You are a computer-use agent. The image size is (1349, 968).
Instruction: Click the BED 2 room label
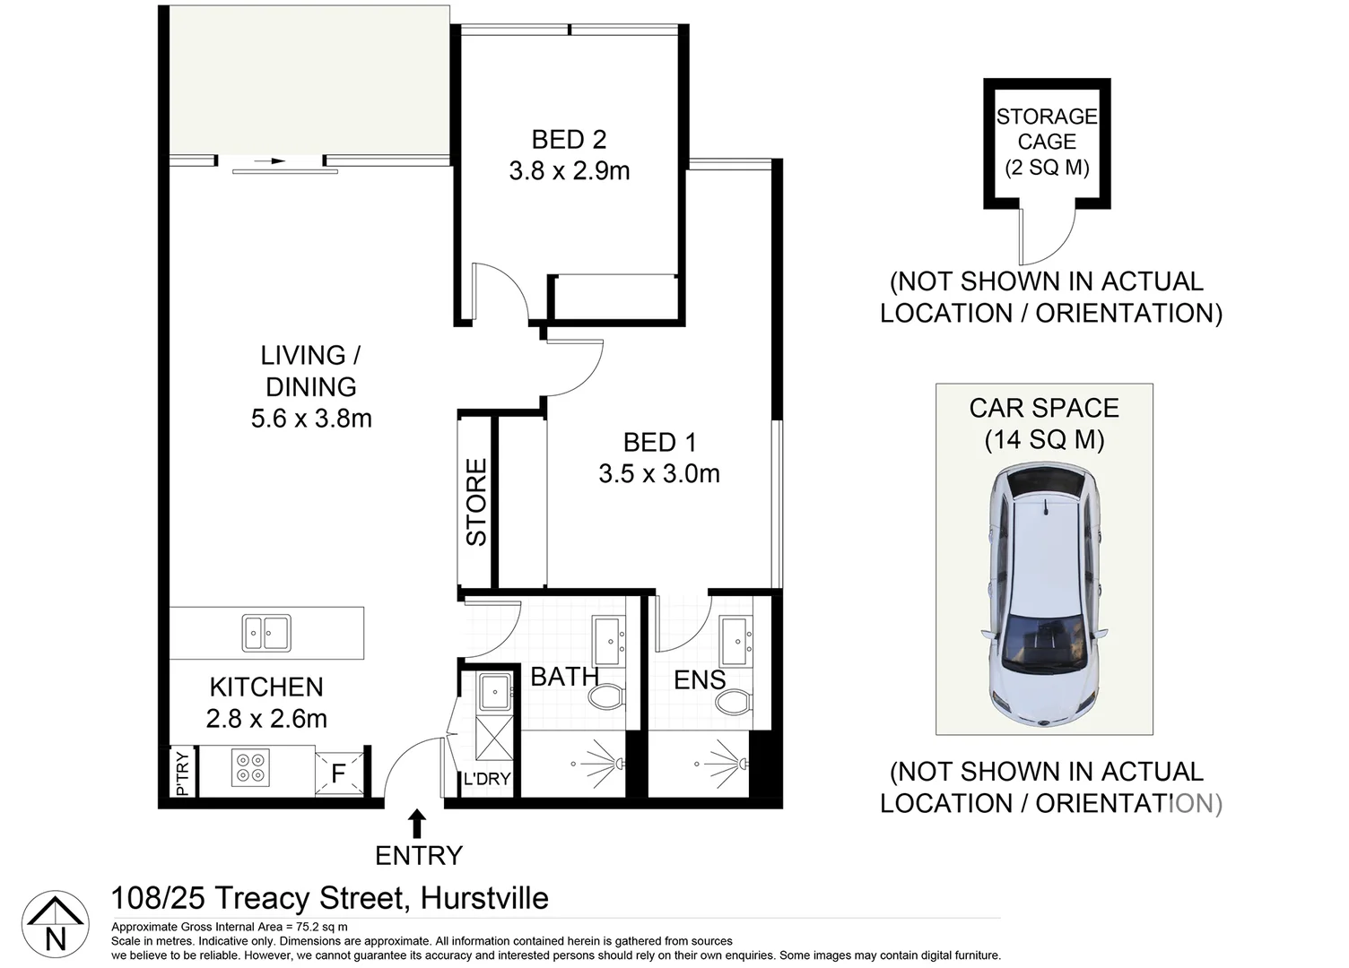[569, 140]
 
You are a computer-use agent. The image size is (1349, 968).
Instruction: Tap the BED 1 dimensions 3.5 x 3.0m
[659, 474]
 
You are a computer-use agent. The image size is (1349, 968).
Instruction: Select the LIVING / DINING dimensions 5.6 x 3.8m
[311, 419]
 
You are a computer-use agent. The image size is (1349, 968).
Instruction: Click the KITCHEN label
[266, 687]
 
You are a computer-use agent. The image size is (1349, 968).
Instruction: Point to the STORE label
[476, 502]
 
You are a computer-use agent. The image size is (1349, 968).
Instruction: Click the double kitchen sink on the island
[266, 633]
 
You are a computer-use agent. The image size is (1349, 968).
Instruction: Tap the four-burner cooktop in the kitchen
[250, 768]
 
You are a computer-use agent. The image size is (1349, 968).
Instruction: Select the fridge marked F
[339, 773]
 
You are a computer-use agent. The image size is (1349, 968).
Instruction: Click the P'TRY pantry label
[183, 773]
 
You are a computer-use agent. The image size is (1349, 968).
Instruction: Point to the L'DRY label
[486, 779]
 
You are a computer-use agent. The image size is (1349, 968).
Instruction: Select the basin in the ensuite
[736, 640]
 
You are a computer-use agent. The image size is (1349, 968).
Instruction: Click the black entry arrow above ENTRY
[417, 823]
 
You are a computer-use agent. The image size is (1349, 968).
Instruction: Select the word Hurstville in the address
[484, 898]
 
